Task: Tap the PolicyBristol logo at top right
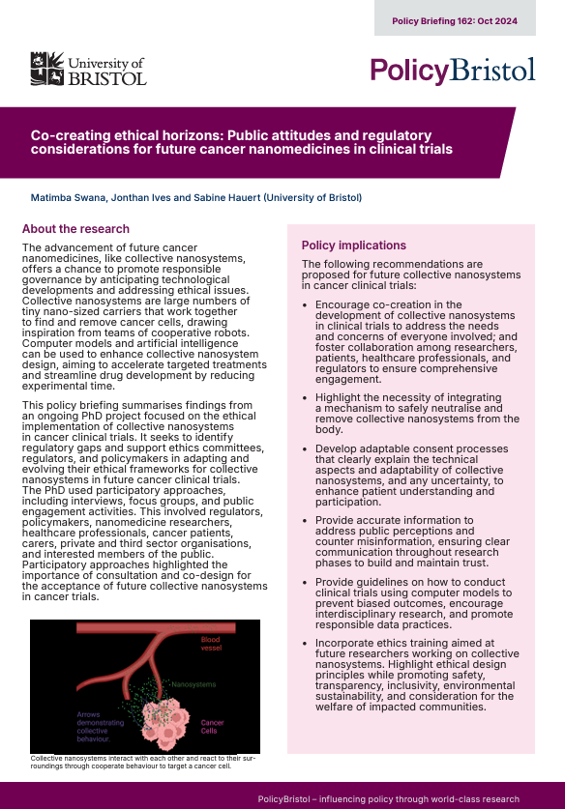tap(453, 71)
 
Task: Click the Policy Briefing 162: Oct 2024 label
tap(455, 19)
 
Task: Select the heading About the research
tap(75, 229)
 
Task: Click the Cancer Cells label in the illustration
tap(213, 725)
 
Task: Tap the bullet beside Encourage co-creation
tap(306, 305)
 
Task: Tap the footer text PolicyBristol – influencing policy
tap(388, 799)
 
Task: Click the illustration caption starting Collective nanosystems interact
tap(145, 762)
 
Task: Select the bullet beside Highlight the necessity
tap(306, 397)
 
